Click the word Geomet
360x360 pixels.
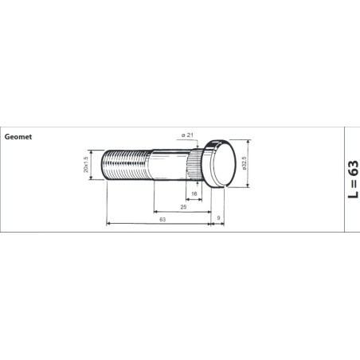18,137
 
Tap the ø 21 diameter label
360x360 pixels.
187,135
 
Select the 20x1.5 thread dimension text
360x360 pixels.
86,165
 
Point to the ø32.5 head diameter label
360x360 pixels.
244,163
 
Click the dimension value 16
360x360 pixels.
194,194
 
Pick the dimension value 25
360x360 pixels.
183,207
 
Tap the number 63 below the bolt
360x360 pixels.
162,219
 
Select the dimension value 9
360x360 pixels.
218,218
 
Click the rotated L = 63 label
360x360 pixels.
353,178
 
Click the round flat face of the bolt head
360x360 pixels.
225,162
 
